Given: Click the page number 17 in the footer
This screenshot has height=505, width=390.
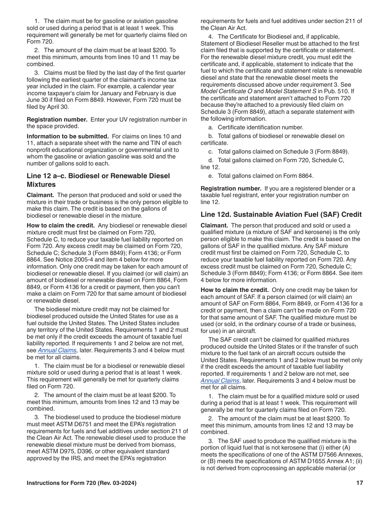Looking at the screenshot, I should (360, 483).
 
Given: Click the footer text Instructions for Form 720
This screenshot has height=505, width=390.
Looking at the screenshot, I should (81, 483).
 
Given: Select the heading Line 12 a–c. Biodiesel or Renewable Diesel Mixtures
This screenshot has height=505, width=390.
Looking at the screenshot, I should (98, 180).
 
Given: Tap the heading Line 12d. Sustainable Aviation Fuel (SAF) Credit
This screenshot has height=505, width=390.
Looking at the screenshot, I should (281, 214).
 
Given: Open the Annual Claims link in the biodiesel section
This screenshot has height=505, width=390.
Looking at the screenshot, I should (57, 350).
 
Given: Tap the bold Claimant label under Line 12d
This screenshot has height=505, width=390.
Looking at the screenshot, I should (214, 225).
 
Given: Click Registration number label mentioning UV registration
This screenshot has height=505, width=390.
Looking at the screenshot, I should (57, 119).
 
